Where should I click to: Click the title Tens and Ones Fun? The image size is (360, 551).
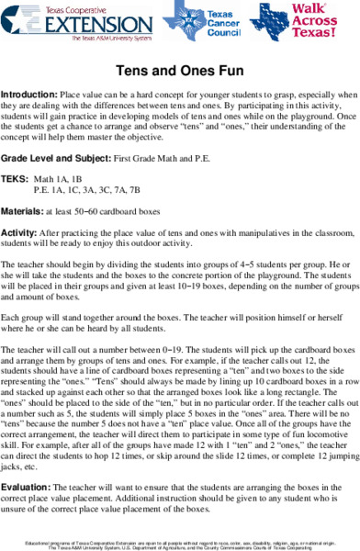point(180,70)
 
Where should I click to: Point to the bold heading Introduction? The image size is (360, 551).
point(28,96)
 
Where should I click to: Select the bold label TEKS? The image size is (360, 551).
point(15,178)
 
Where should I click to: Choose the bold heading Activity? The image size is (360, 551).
point(20,234)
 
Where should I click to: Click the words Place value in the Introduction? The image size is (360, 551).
point(81,96)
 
